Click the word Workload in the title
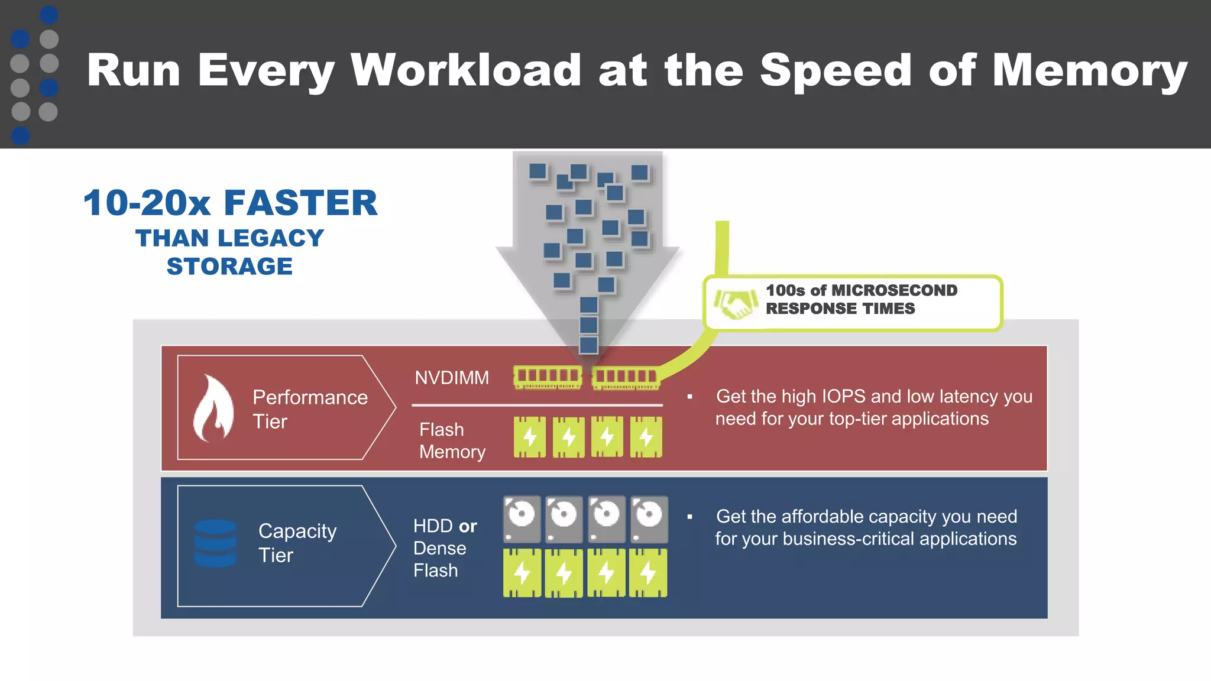tap(466, 70)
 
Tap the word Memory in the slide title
tap(1089, 70)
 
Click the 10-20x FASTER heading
tap(230, 203)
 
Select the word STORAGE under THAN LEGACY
tap(229, 267)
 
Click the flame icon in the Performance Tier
tap(213, 408)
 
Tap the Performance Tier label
tap(309, 409)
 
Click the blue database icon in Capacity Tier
tap(215, 543)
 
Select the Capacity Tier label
tap(297, 543)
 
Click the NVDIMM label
tap(452, 378)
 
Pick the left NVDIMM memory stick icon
tap(548, 377)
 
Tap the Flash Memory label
tap(452, 440)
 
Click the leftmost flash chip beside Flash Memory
tap(530, 437)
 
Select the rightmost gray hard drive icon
tap(649, 519)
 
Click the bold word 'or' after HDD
tap(467, 526)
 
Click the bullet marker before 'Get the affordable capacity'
tap(689, 517)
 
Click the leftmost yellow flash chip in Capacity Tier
tap(522, 573)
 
